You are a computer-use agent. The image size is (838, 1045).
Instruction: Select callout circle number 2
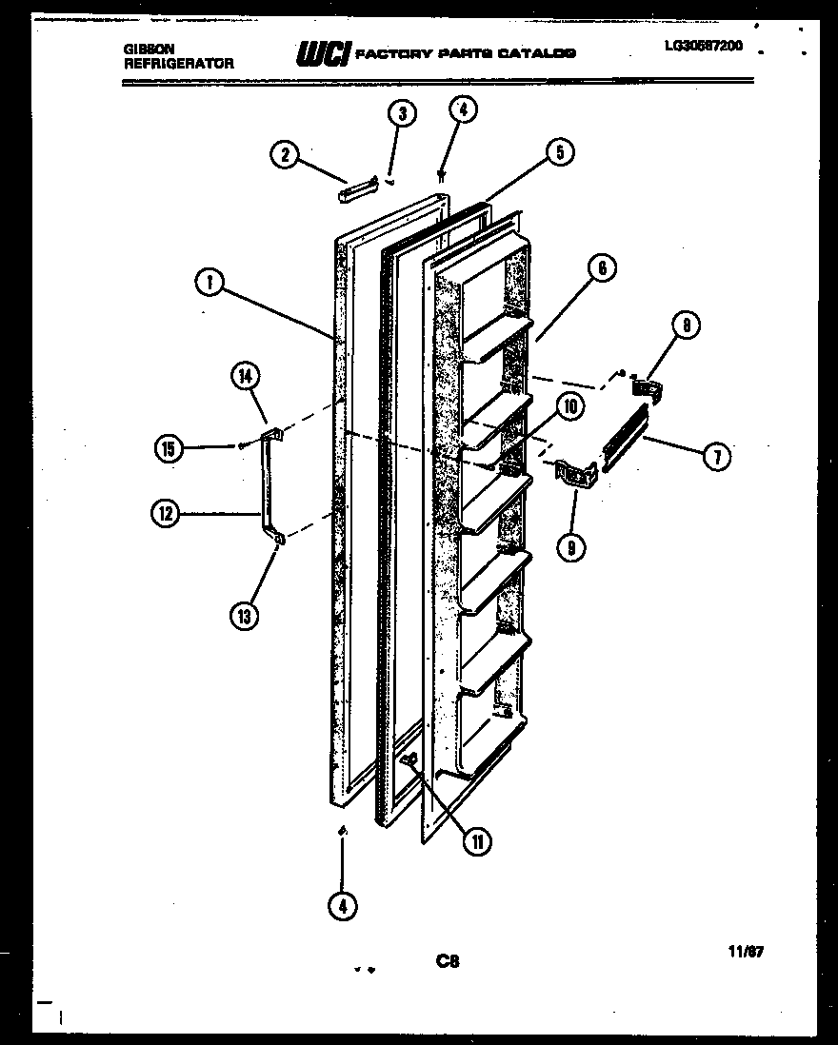[x=284, y=154]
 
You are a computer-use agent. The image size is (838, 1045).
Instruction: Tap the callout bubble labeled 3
[x=402, y=114]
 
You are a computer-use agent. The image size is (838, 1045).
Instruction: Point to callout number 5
[x=560, y=151]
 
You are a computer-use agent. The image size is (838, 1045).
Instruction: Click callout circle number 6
[x=602, y=268]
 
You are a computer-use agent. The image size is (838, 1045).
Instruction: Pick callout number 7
[x=717, y=456]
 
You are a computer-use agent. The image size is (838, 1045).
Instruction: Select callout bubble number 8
[x=686, y=325]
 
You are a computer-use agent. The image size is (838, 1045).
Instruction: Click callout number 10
[x=569, y=407]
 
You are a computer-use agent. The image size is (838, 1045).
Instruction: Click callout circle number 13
[x=244, y=616]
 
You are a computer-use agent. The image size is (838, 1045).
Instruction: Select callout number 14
[x=245, y=377]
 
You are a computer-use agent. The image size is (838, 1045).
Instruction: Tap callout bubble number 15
[x=169, y=448]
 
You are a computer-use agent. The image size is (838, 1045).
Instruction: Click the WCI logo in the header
[x=323, y=53]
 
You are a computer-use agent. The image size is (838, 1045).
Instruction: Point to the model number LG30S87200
[x=704, y=45]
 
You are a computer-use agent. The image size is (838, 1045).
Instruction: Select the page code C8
[x=448, y=962]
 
